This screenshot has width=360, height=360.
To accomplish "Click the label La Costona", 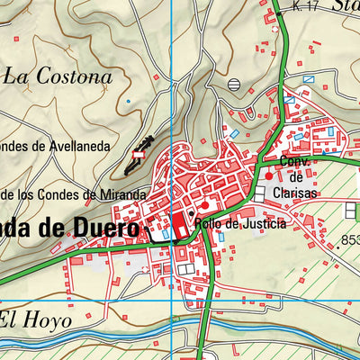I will [x=58, y=76].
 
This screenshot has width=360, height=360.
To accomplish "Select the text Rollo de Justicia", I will [x=241, y=223].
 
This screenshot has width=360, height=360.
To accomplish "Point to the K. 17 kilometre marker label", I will [x=306, y=7].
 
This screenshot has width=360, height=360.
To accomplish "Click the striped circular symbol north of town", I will [x=235, y=84].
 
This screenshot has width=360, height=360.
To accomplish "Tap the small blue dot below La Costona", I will [x=128, y=102].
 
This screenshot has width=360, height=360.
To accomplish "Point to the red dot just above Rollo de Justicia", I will [x=204, y=206].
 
